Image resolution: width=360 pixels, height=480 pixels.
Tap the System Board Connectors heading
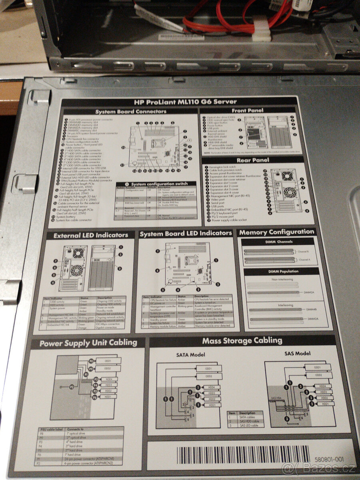pos(131,111)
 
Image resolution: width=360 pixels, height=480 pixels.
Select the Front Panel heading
pos(248,110)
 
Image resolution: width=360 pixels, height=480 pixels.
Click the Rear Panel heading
pos(252,160)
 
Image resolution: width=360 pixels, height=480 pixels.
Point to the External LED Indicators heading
pos(91,235)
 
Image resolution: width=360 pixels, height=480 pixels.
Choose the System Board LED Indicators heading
pos(185,233)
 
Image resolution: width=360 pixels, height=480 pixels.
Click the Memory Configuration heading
pos(277,232)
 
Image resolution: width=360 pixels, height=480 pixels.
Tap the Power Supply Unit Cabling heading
pos(88,343)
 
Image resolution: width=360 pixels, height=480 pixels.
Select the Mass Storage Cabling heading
pos(242,341)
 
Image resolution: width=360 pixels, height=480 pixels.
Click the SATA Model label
pos(190,355)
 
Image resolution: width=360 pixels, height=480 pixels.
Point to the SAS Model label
pos(297,354)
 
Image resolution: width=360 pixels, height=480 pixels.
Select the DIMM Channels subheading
pos(279,242)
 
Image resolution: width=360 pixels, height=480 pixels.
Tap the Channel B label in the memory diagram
pos(303,252)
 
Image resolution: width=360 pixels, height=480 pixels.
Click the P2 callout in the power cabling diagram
pos(72,387)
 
